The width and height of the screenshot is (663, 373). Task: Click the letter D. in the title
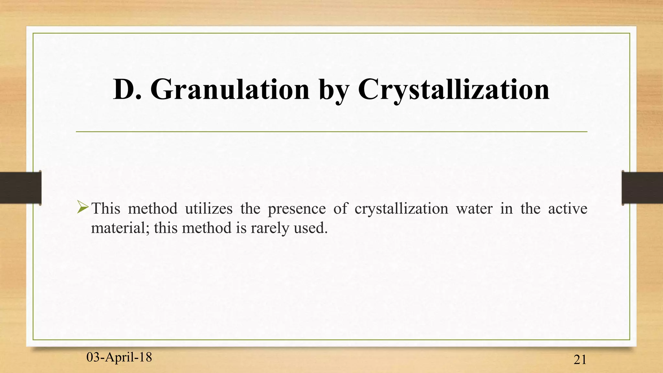tap(127, 89)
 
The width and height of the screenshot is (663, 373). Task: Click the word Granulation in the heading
tap(230, 89)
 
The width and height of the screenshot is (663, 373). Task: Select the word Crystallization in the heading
tap(453, 89)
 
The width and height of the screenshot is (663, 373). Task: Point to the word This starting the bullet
tap(106, 208)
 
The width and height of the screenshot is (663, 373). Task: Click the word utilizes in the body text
tap(209, 208)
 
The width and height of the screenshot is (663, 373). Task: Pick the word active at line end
tap(567, 208)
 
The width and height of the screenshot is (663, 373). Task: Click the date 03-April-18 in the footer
tap(119, 357)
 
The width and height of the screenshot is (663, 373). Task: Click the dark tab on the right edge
tap(642, 188)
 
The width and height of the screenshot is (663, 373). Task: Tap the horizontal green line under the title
tap(331, 132)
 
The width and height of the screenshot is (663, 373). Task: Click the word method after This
tap(153, 208)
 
